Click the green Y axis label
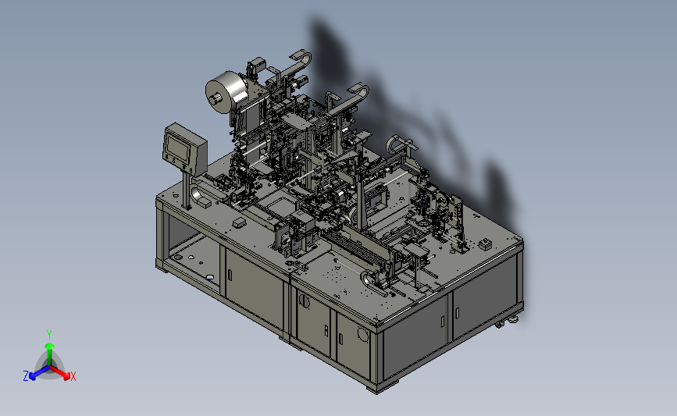tap(48, 335)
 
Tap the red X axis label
tap(73, 376)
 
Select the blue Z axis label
tap(26, 376)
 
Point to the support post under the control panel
tap(187, 190)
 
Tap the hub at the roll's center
tap(215, 99)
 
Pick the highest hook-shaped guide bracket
tap(301, 59)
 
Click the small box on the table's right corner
tap(485, 244)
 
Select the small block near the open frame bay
tap(239, 222)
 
